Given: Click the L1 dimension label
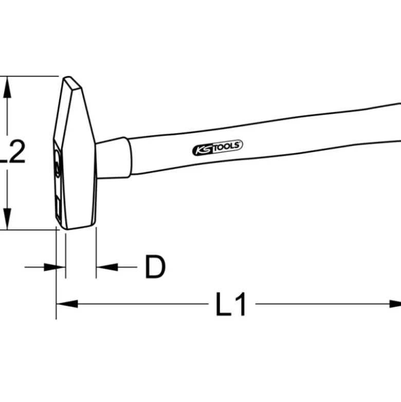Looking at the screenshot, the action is pyautogui.click(x=231, y=304).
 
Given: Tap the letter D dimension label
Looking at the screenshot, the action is pyautogui.click(x=155, y=267).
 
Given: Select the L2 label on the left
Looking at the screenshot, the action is pyautogui.click(x=12, y=152).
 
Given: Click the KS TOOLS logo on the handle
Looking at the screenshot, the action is pyautogui.click(x=217, y=148).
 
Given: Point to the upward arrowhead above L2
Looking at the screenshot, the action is pyautogui.click(x=7, y=87).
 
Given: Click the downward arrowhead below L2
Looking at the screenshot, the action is pyautogui.click(x=7, y=219).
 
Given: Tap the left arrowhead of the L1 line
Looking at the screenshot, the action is pyautogui.click(x=67, y=304).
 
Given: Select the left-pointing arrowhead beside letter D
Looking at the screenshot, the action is pyautogui.click(x=107, y=267).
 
